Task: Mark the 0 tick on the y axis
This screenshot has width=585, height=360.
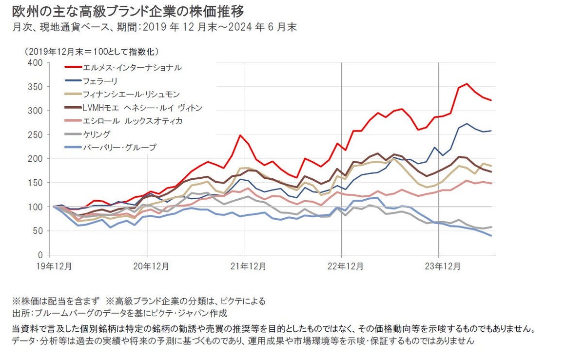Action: tap(41, 255)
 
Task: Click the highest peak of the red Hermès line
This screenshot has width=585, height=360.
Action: tap(467, 84)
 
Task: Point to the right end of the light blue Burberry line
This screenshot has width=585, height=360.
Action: tap(490, 236)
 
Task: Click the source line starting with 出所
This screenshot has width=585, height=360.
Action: tap(120, 313)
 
